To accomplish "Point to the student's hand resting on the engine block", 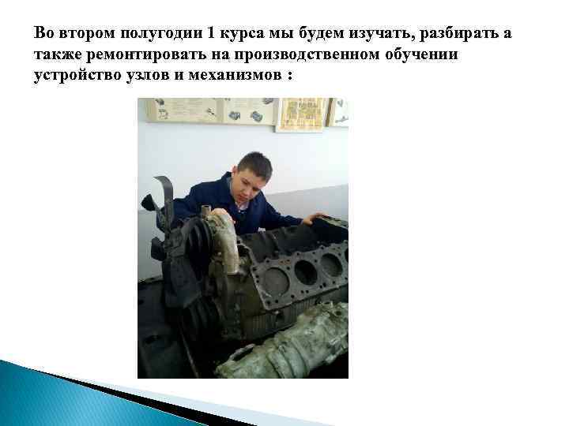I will [x=316, y=218].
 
